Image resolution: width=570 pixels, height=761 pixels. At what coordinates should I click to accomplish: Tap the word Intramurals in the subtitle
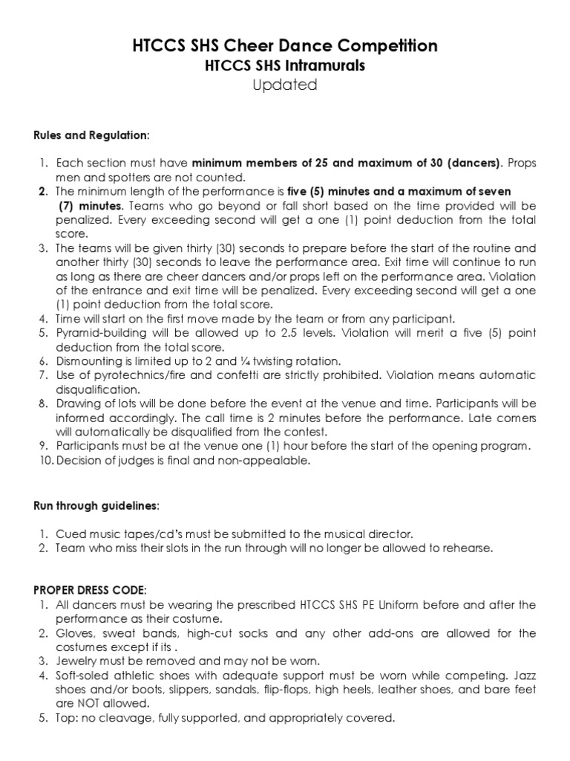330,66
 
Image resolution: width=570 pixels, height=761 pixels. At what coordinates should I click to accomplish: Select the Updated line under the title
284,85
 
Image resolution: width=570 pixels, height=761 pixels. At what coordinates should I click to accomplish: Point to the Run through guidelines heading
96,505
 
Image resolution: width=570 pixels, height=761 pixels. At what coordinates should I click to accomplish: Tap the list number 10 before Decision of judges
43,461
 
